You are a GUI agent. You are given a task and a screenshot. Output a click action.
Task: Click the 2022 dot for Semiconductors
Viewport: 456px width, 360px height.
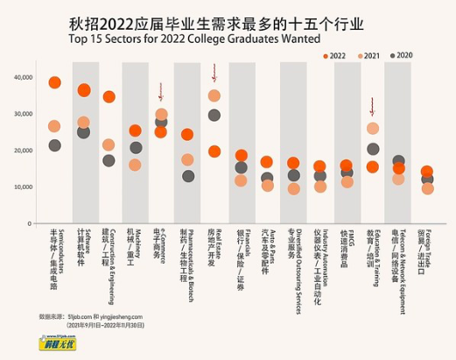(x=55, y=82)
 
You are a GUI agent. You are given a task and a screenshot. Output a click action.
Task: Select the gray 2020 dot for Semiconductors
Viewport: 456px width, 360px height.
(x=55, y=145)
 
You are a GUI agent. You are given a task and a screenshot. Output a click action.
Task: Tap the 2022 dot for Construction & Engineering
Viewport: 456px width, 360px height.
(x=109, y=97)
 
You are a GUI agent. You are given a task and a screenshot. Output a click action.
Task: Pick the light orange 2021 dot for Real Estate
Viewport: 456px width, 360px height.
(x=214, y=95)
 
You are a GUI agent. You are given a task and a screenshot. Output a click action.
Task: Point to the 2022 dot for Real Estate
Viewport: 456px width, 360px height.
(x=214, y=152)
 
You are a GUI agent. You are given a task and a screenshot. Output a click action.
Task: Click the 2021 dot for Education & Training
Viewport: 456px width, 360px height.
(x=373, y=129)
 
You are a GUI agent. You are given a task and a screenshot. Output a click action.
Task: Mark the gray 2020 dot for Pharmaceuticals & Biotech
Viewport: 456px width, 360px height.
(x=187, y=176)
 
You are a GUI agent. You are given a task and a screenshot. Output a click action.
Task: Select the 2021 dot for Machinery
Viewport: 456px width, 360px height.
(x=135, y=165)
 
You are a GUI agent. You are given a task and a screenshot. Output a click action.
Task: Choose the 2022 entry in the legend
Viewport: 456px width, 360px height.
(x=336, y=54)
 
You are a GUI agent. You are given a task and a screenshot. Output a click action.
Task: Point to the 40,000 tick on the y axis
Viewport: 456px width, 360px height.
(x=24, y=77)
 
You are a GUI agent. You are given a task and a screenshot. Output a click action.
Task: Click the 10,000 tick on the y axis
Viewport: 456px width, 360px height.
(x=24, y=188)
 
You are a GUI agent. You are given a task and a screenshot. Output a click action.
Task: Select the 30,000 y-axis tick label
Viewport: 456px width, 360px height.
(x=24, y=114)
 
